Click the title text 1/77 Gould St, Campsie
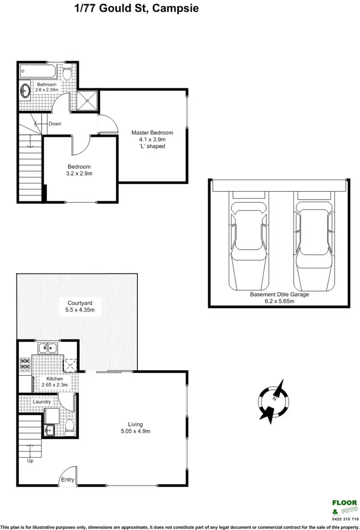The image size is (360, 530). pos(136,8)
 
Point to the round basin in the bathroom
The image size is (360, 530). pos(25,90)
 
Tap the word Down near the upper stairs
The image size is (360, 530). pos(55,124)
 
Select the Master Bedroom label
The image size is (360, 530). pos(152,132)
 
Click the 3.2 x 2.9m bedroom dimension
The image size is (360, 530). pos(80,174)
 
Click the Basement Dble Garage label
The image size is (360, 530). pos(278,294)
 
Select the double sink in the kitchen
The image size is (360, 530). pos(47,348)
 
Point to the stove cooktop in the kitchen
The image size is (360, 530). pos(24,364)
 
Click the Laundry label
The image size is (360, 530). pos(42,402)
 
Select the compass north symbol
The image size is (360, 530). pos(274,399)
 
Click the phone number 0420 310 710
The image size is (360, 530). pos(345,519)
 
